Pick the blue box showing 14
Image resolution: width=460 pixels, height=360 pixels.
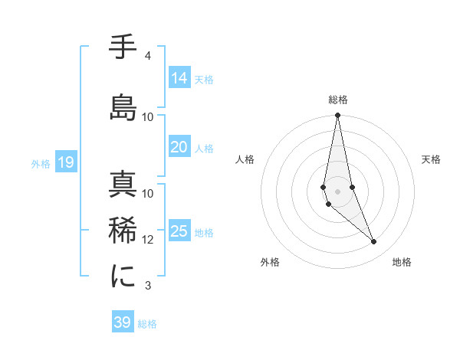[179, 78]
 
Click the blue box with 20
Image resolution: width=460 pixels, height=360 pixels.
[179, 148]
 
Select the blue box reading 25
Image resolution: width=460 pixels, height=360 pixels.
[179, 231]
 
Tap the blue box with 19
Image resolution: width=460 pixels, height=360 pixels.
[65, 162]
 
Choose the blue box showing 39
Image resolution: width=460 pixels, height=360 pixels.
[122, 322]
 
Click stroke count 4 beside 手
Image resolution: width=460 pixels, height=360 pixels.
[147, 56]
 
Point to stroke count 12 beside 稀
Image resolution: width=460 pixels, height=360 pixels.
[148, 240]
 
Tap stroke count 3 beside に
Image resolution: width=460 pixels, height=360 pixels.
[147, 286]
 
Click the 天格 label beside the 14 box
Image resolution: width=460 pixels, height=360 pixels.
[204, 79]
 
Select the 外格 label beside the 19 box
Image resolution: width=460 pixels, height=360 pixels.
[41, 163]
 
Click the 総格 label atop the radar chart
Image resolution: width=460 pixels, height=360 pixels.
[338, 100]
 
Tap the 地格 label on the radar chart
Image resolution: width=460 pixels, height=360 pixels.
[402, 262]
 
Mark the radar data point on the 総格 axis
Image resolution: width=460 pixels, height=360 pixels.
[337, 116]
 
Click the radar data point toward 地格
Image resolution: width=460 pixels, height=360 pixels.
[374, 242]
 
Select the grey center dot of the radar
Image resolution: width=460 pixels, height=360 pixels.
[337, 191]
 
